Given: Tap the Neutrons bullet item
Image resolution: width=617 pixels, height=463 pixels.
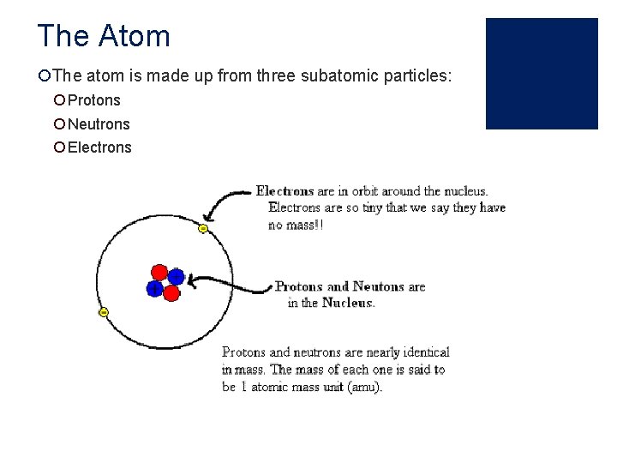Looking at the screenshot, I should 99,123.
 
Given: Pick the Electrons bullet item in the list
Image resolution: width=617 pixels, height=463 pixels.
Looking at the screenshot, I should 99,147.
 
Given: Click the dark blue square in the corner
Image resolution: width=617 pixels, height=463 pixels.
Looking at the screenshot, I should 542,74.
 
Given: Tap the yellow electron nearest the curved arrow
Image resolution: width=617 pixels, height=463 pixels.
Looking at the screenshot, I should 203,229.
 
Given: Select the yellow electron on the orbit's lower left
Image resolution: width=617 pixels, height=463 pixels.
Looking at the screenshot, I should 103,313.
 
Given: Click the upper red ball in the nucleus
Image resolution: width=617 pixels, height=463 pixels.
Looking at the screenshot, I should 160,271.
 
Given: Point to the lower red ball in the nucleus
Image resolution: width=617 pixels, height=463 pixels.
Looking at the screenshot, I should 171,293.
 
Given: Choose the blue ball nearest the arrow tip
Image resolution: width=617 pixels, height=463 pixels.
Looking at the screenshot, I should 177,277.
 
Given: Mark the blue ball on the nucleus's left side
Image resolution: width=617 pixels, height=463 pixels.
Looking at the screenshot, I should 155,289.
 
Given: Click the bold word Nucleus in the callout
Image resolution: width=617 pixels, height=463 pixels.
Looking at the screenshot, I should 348,303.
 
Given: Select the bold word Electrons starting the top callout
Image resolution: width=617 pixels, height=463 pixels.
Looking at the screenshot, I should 285,191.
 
